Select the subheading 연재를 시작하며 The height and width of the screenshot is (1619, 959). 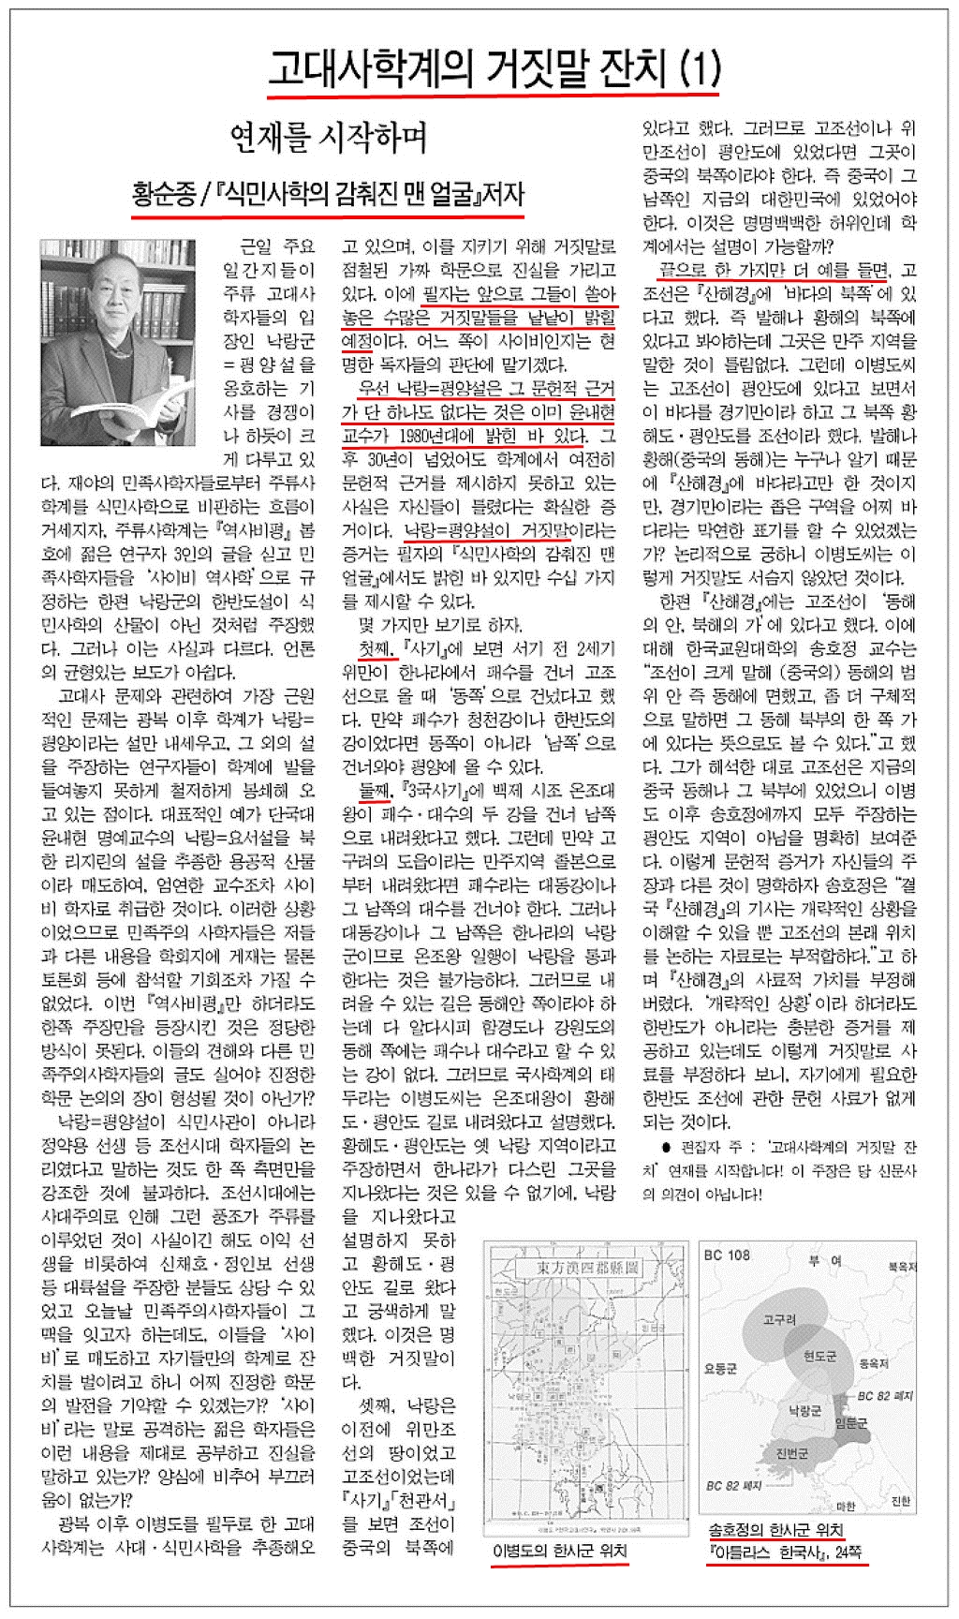(x=329, y=138)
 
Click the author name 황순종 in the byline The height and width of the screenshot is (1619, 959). (x=164, y=194)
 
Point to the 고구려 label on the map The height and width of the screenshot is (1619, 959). (x=779, y=1320)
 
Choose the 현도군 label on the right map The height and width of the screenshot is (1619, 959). (x=819, y=1356)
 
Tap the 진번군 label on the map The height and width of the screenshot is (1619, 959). (x=791, y=1453)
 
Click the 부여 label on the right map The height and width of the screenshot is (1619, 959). (x=823, y=1261)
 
